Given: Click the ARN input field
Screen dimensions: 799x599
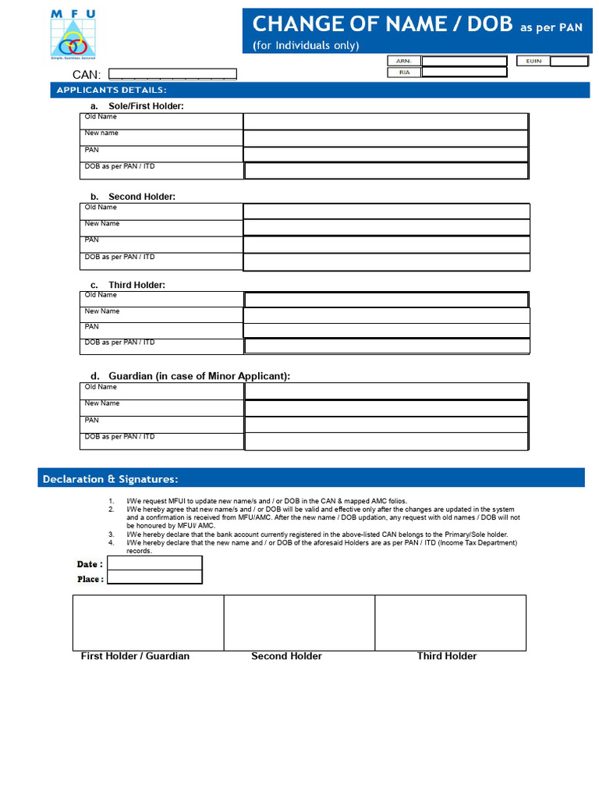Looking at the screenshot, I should click(463, 61).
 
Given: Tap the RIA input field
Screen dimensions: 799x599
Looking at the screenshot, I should click(463, 73).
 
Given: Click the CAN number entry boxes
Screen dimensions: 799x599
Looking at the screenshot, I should click(172, 74).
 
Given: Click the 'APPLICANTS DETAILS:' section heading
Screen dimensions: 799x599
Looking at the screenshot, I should click(111, 91).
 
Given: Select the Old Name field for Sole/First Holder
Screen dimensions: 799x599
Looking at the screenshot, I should click(385, 121).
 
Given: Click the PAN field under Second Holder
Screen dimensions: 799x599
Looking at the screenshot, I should click(386, 244).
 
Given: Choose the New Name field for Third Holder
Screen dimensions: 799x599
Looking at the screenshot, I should click(386, 315).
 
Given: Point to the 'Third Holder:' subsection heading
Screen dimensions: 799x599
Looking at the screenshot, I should click(136, 285).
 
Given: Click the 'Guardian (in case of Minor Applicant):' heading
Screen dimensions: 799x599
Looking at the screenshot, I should click(199, 376).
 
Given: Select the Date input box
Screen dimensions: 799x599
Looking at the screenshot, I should click(154, 563).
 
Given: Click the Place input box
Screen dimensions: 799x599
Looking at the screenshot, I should click(154, 577).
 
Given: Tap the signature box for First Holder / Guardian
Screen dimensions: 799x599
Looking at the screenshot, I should click(148, 622).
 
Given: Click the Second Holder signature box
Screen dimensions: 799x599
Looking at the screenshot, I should click(299, 622).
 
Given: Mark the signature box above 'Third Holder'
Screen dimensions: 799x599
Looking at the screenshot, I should click(450, 622).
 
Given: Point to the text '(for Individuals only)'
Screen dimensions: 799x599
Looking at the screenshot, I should click(306, 45).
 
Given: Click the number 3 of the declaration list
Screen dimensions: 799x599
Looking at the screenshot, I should click(112, 534).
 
